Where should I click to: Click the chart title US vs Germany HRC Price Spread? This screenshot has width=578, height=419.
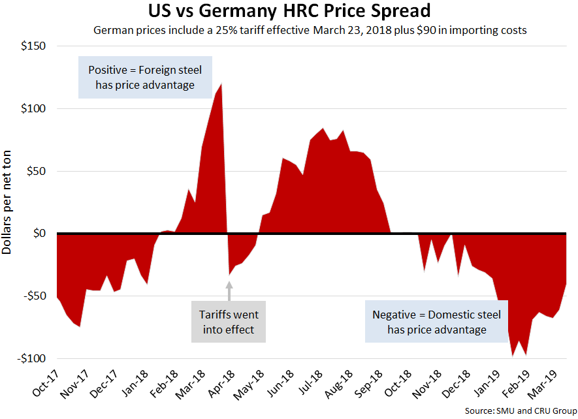click(x=290, y=12)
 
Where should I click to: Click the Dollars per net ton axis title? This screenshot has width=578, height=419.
click(x=8, y=202)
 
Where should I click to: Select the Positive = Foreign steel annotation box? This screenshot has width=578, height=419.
click(x=145, y=78)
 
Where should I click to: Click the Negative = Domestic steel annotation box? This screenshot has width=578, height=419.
click(x=437, y=322)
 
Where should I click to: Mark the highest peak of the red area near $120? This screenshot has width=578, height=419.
click(x=221, y=84)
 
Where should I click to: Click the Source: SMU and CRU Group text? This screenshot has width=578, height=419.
click(x=519, y=411)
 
